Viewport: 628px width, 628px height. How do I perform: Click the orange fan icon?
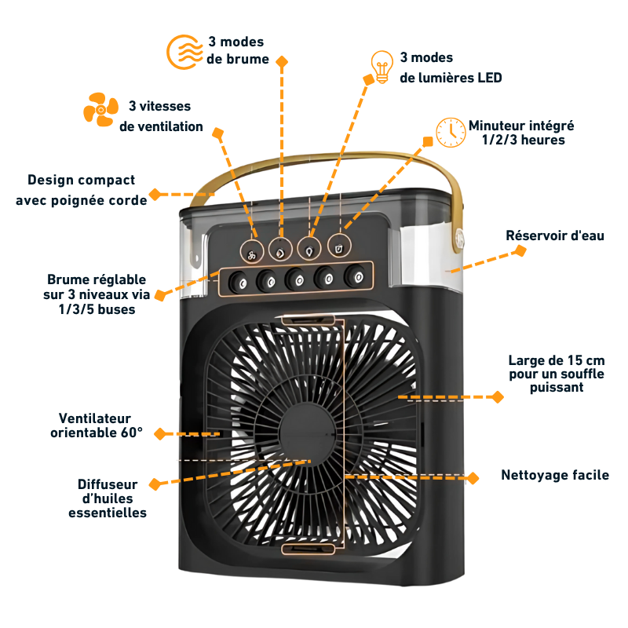click(x=100, y=109)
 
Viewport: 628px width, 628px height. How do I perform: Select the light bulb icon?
click(x=382, y=68)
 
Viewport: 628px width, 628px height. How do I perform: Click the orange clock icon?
click(x=451, y=132)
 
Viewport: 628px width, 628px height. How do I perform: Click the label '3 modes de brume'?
click(x=237, y=50)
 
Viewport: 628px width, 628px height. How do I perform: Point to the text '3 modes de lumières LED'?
click(x=450, y=68)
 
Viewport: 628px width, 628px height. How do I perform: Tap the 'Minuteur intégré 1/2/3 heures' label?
click(x=522, y=132)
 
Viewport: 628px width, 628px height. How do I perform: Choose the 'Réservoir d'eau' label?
click(x=554, y=235)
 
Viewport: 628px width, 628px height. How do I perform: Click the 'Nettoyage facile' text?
click(x=555, y=475)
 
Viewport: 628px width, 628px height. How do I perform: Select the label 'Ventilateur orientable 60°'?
click(x=96, y=425)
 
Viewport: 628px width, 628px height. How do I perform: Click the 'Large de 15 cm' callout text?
click(x=557, y=374)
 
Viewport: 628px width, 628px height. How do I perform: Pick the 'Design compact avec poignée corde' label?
click(x=82, y=190)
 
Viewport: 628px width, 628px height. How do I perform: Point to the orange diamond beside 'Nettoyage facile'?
click(x=473, y=476)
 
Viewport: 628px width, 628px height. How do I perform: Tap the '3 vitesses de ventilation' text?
click(x=160, y=116)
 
